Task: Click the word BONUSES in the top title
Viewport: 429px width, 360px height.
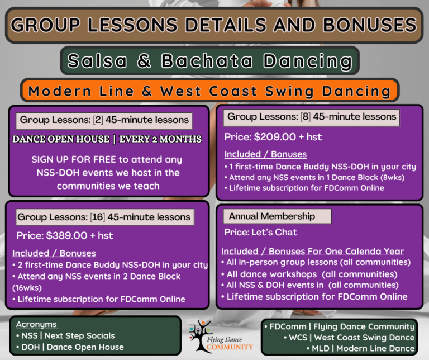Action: point(370,25)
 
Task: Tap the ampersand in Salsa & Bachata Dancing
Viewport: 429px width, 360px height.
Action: point(144,60)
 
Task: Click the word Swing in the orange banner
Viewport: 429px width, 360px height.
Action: point(289,92)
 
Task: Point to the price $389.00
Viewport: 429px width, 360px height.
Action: point(66,235)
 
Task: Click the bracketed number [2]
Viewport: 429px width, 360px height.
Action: point(98,120)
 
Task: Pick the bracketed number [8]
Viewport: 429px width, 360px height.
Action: point(306,117)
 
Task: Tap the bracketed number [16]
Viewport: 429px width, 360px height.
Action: point(98,217)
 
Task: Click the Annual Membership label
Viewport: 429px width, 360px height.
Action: point(271,216)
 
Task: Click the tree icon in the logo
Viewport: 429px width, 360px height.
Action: point(201,336)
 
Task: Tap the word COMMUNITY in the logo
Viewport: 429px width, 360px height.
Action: point(230,347)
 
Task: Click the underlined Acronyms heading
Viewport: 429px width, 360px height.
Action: point(36,324)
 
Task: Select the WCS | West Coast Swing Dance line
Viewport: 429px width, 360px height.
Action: point(349,338)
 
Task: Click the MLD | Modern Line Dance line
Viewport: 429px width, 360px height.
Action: point(361,348)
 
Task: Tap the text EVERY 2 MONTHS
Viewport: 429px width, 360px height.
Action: point(160,139)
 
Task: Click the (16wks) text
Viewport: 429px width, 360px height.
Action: point(27,288)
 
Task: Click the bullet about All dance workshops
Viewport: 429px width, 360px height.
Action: point(309,274)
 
